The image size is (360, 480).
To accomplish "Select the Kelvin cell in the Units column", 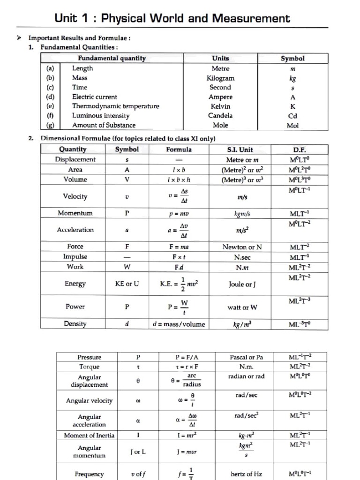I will click(220, 106).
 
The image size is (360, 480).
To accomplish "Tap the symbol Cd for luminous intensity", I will click(292, 116).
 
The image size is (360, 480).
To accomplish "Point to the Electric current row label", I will click(94, 97).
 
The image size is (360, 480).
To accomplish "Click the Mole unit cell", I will click(220, 125).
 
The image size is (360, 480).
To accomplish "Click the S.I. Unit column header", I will click(240, 150).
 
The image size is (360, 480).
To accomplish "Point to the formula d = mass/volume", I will click(179, 324).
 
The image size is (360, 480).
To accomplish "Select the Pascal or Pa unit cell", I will click(247, 357).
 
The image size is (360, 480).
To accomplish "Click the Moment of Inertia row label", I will click(89, 435).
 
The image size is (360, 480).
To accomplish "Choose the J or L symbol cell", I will click(138, 452).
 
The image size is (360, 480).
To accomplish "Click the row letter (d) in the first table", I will click(50, 97).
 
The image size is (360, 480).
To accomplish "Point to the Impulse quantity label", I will click(75, 256).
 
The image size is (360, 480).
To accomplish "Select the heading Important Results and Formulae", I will click(79, 38).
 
